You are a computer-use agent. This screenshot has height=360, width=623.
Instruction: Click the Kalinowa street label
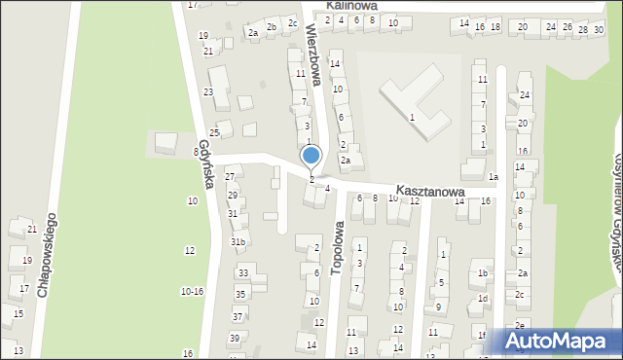click(x=352, y=5)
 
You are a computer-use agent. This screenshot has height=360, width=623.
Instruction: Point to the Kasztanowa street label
click(x=428, y=193)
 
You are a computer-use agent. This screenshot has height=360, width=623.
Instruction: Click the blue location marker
click(x=311, y=156)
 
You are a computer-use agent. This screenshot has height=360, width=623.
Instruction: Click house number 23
click(x=208, y=91)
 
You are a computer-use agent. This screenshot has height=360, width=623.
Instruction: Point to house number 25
click(x=214, y=132)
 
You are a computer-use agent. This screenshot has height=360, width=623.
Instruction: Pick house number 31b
click(x=238, y=240)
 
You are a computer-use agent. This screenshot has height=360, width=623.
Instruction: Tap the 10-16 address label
click(x=192, y=291)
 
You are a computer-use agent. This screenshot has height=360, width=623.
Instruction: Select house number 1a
click(x=494, y=177)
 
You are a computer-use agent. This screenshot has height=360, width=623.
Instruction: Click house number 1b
click(x=482, y=273)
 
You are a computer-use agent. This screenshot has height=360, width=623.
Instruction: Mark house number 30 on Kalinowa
click(x=598, y=29)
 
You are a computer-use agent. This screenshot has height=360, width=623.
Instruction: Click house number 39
click(x=235, y=338)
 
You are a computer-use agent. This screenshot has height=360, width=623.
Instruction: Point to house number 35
click(x=239, y=294)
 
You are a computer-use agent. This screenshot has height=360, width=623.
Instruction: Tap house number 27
click(x=231, y=176)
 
